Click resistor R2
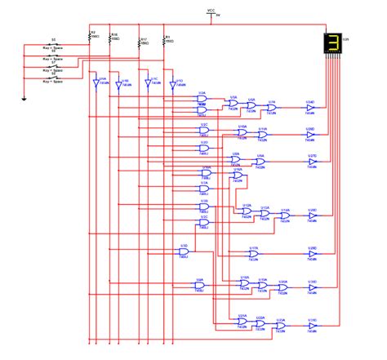click(x=88, y=37)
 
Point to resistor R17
click(x=140, y=38)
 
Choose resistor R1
click(x=164, y=38)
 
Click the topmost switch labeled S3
click(x=53, y=43)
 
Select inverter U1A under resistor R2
click(x=97, y=83)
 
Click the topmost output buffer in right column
click(x=310, y=107)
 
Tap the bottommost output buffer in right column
click(x=312, y=326)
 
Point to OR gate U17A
click(x=253, y=254)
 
